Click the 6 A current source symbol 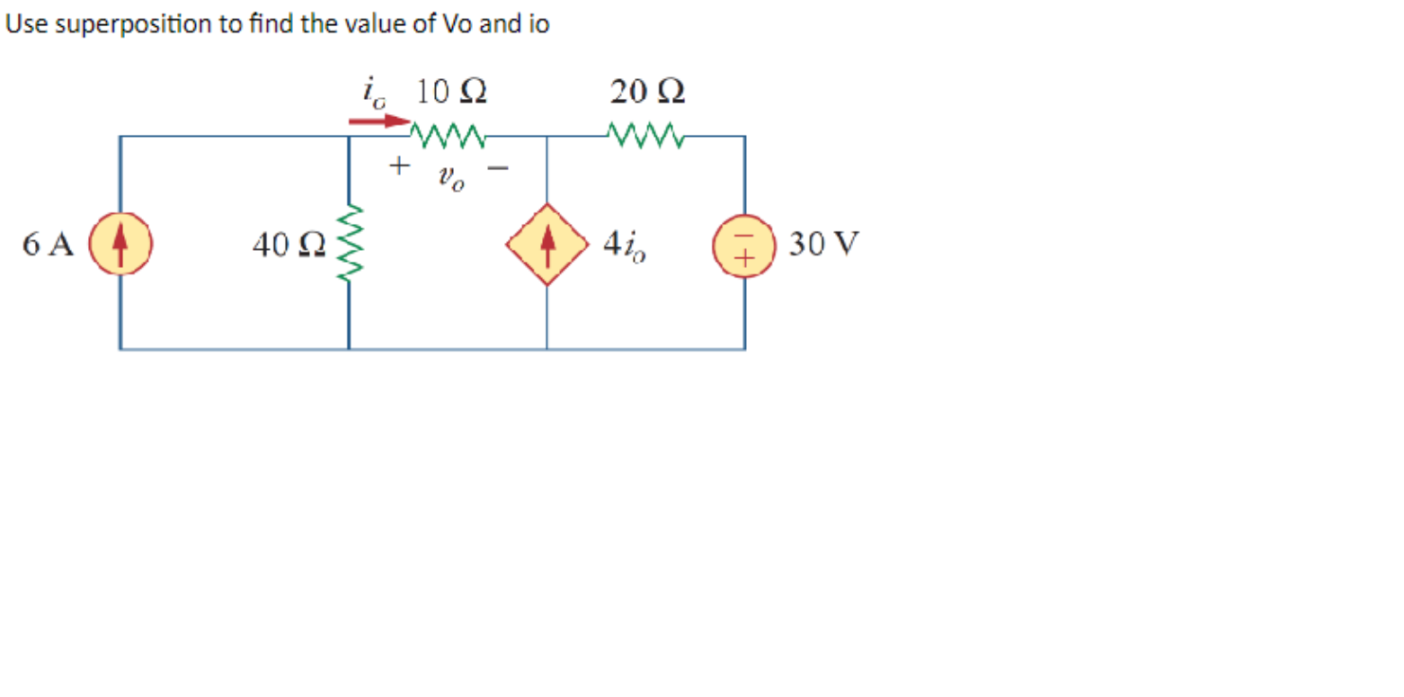[121, 244]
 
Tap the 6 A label [48, 244]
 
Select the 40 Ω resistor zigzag [349, 244]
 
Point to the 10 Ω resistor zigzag [448, 136]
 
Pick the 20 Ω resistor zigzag [646, 136]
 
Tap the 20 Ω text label [647, 92]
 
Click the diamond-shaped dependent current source [546, 244]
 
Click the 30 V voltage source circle [744, 244]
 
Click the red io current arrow [379, 121]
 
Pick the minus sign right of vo [502, 166]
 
